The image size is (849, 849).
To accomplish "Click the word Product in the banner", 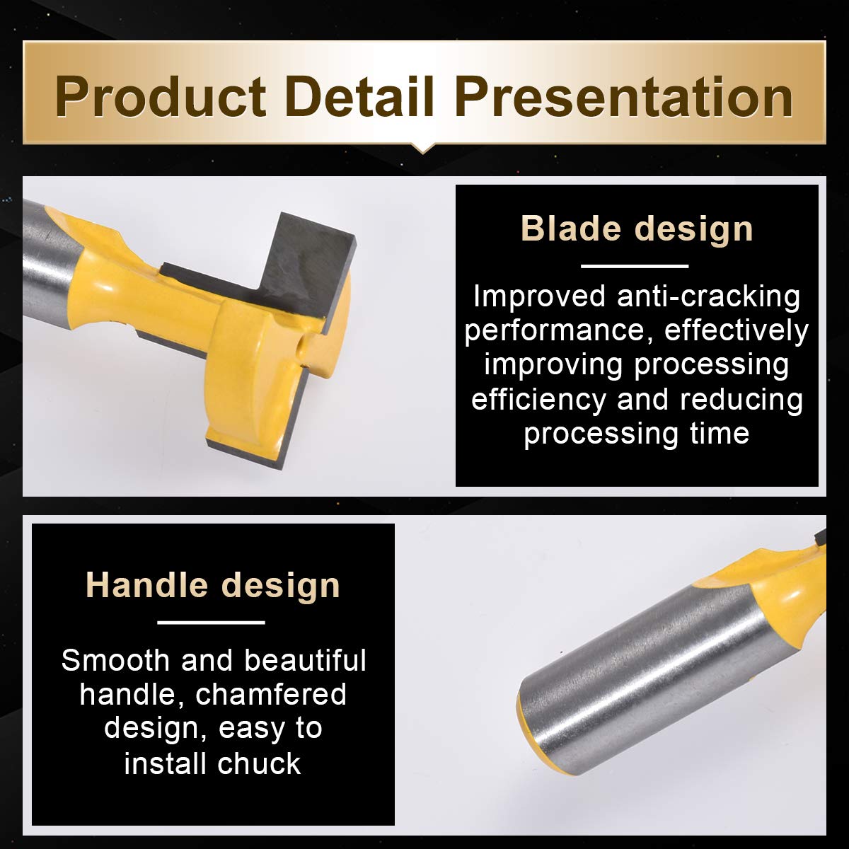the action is (x=161, y=97).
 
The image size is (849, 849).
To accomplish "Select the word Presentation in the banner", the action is (x=624, y=96).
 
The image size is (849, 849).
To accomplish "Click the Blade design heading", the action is (x=637, y=229).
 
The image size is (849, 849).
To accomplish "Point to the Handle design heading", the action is (x=213, y=585).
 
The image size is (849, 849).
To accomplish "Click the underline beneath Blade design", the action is (x=635, y=266).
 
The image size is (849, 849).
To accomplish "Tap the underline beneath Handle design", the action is (x=211, y=623).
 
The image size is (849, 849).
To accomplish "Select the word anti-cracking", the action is (x=708, y=297).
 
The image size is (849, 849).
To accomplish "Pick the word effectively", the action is (x=737, y=330).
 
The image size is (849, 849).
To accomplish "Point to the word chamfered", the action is (x=271, y=695).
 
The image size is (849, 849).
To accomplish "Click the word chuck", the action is (x=259, y=763).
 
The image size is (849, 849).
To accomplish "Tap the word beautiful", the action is (x=306, y=660).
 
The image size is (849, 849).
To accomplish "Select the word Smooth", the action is (x=115, y=661).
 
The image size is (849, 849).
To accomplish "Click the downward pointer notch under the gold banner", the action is (x=423, y=148).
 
